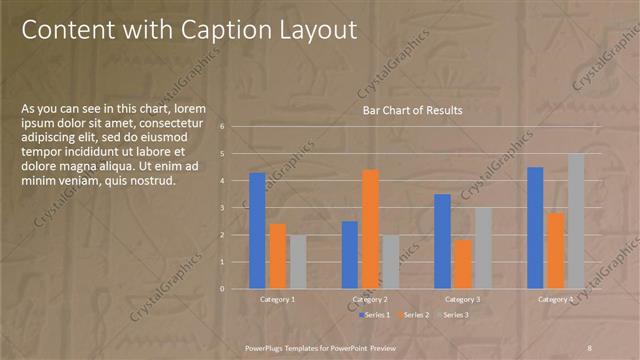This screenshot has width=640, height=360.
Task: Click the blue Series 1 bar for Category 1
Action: pos(257,230)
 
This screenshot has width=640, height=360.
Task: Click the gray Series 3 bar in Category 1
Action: pos(298,261)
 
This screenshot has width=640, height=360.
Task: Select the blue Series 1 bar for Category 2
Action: pos(350,254)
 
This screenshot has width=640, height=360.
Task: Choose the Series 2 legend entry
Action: pos(413,315)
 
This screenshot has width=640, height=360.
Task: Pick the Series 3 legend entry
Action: pos(452,315)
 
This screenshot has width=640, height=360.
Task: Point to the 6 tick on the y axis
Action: pos(236,127)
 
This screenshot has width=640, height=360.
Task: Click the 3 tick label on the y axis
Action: pos(236,208)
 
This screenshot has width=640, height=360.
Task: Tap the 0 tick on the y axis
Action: pos(236,289)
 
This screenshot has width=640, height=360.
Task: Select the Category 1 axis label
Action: pos(277,299)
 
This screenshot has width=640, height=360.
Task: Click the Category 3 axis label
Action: pos(462,299)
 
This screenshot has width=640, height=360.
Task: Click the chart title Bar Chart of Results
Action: pos(413,110)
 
